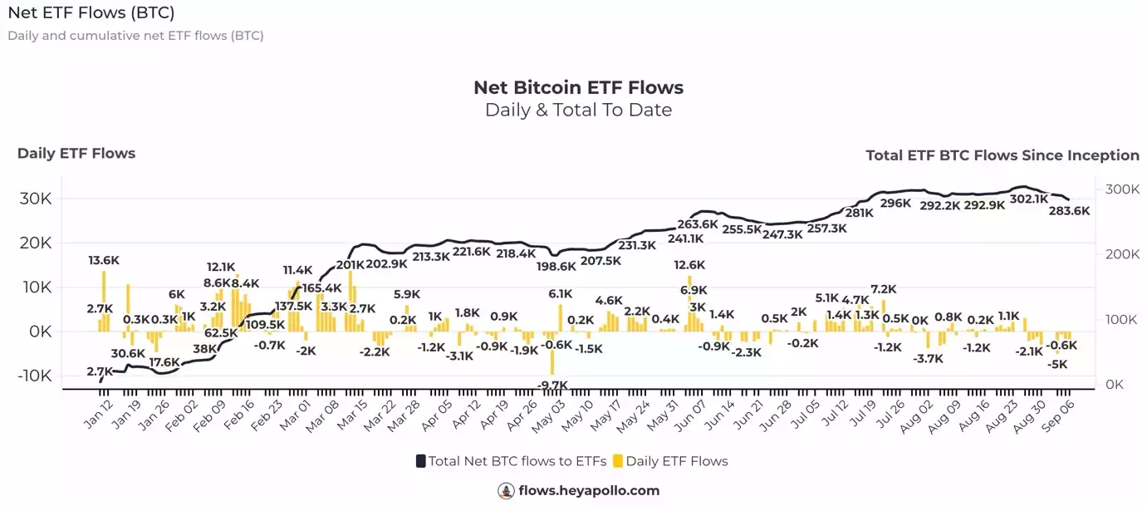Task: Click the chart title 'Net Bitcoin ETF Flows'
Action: tap(578, 87)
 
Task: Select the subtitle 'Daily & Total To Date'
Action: tap(578, 110)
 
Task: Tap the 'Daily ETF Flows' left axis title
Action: tap(76, 153)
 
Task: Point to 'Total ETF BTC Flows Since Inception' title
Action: tap(1002, 155)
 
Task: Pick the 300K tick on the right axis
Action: tap(1121, 189)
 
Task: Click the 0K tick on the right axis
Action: tap(1115, 385)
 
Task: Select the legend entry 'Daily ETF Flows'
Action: tap(676, 461)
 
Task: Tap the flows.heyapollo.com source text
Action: tap(588, 490)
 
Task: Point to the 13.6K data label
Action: tap(104, 260)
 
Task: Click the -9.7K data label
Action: tap(552, 385)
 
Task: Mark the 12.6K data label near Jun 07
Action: tap(689, 265)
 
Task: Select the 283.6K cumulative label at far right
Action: tap(1070, 211)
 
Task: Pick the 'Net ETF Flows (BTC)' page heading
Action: tap(91, 13)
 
